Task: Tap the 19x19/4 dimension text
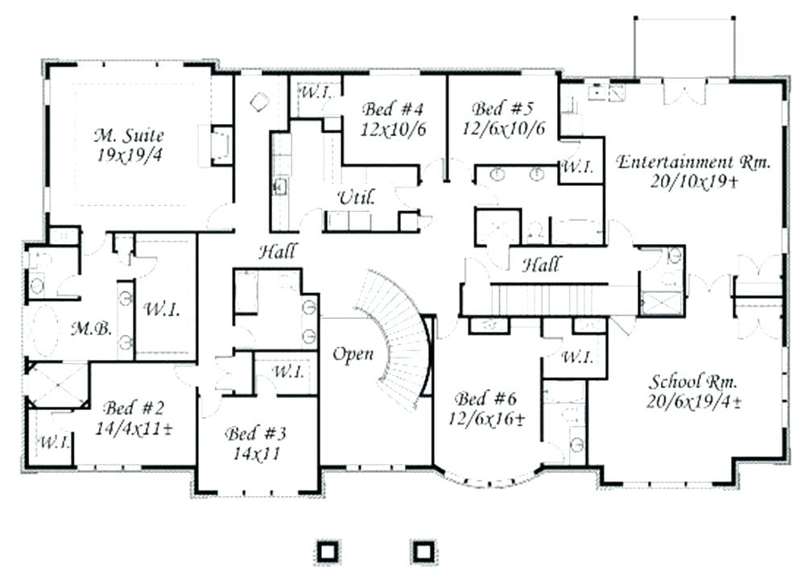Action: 129,155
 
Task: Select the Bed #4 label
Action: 392,109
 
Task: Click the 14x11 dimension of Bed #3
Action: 256,453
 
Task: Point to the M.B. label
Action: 85,328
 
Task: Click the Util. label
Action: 354,196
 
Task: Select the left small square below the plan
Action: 326,550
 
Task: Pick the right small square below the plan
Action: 423,550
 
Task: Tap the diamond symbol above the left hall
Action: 259,102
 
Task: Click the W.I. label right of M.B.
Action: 161,309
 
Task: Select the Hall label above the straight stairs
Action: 541,264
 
